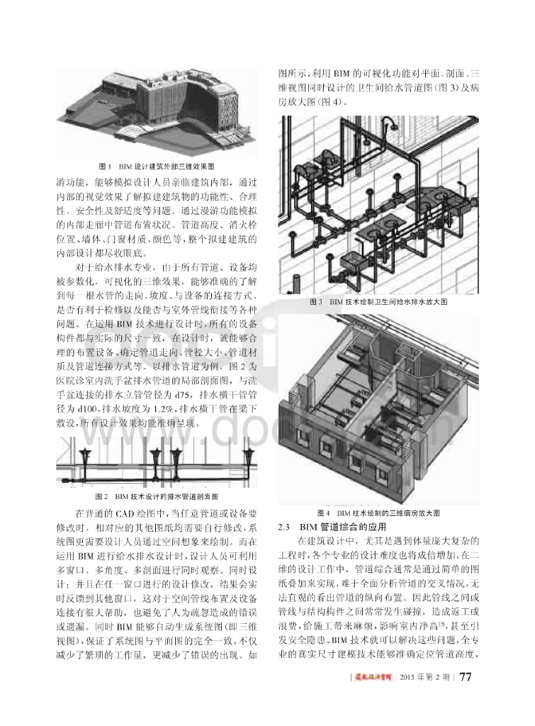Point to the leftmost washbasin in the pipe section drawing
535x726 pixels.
[84, 454]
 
